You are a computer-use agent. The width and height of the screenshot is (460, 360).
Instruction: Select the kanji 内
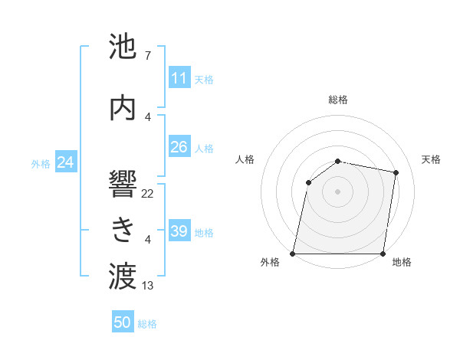(123, 108)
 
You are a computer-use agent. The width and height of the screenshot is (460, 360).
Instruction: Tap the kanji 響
(123, 185)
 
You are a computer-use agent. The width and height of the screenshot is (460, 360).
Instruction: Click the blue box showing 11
(179, 78)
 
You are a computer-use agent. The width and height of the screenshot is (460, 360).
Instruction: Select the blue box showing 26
(179, 147)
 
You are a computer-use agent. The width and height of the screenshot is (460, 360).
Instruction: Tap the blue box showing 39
(179, 231)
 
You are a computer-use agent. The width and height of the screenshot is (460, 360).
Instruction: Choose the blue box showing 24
(66, 162)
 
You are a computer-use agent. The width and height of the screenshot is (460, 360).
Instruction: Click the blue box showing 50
(123, 322)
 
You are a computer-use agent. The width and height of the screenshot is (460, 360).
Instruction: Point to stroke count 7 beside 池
(147, 56)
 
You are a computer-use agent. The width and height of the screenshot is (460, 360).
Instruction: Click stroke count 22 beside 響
(148, 194)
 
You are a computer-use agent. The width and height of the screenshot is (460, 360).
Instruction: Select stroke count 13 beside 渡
(148, 286)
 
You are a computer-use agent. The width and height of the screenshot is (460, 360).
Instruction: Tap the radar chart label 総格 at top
(338, 100)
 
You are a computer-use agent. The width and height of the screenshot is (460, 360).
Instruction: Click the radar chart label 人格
(245, 159)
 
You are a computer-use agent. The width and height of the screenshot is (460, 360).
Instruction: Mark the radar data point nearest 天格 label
(396, 172)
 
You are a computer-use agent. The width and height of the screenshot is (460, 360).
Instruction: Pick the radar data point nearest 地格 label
(383, 254)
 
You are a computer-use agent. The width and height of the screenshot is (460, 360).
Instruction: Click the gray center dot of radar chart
(338, 191)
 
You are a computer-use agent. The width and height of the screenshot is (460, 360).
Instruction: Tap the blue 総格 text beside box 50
(147, 324)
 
